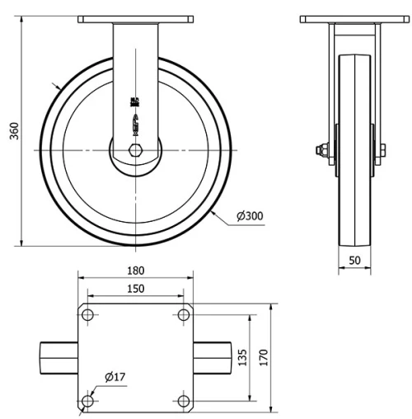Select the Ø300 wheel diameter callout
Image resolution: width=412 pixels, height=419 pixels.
[250, 216]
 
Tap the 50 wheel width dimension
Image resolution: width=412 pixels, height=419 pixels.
[355, 259]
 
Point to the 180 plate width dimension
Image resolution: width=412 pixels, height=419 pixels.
[137, 271]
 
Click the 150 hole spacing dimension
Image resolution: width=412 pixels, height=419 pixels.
[136, 288]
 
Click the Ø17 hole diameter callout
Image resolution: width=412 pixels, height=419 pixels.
[115, 378]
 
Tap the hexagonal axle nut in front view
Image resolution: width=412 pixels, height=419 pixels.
[136, 150]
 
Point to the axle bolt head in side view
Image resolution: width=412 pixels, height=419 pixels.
[318, 150]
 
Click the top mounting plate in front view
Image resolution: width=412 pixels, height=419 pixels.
[136, 18]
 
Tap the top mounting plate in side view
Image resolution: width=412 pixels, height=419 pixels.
[355, 18]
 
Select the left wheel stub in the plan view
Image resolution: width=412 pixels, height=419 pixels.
[59, 359]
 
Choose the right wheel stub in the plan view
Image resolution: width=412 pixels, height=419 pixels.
[213, 359]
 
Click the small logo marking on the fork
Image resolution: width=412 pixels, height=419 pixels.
[134, 103]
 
